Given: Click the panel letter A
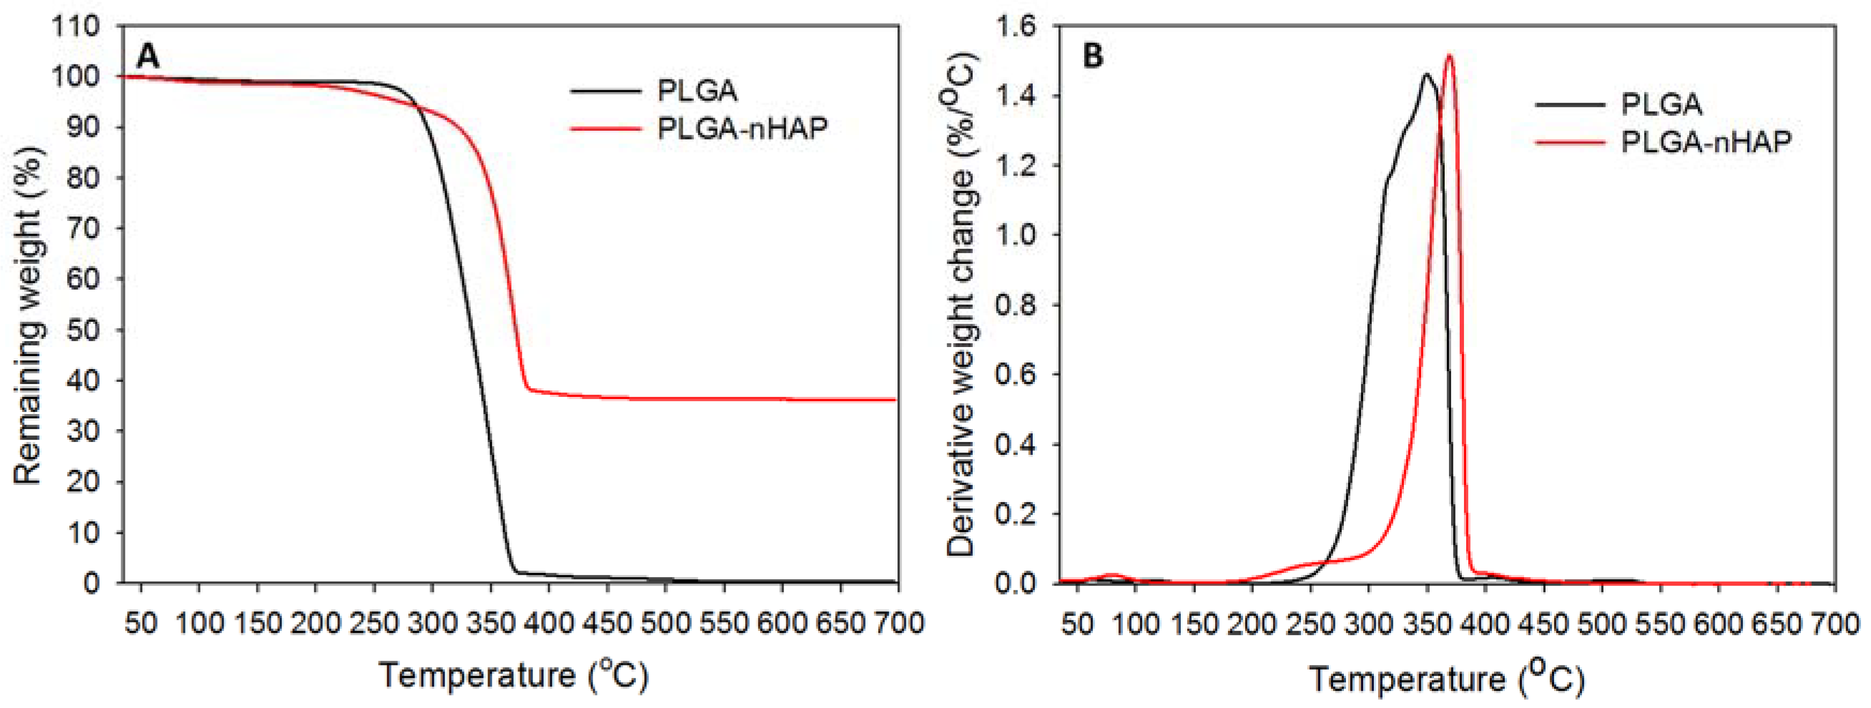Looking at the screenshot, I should (x=148, y=56).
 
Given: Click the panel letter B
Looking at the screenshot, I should (x=1092, y=56).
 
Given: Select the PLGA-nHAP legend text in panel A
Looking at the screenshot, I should (x=742, y=129).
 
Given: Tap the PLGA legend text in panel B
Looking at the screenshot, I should (x=1661, y=105).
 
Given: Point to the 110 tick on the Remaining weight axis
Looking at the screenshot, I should (x=76, y=27).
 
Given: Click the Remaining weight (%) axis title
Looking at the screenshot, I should (x=27, y=316).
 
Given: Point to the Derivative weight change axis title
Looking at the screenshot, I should (x=961, y=305).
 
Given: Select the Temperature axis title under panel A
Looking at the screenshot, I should (x=514, y=675).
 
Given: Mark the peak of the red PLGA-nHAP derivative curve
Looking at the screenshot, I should (x=1450, y=55).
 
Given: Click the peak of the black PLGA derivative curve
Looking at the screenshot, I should (x=1426, y=74).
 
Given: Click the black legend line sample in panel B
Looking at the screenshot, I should (x=1570, y=105).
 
